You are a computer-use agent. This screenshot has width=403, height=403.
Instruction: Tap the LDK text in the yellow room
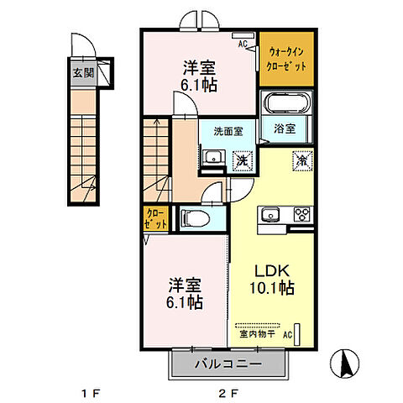pos(272,272)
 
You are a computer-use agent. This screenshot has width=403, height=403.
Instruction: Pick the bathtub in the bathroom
pos(286,107)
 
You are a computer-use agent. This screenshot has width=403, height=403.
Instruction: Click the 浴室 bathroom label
pos(284,128)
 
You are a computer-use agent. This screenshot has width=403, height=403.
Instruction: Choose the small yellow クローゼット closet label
pos(156,220)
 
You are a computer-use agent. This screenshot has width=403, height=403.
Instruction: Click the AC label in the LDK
pos(288,334)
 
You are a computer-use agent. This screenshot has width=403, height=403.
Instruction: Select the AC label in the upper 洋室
pos(243,44)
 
